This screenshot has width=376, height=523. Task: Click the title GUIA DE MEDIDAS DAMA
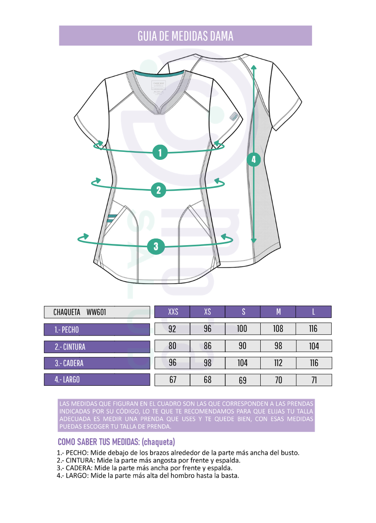(185, 36)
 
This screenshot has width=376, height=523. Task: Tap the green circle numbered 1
(160, 152)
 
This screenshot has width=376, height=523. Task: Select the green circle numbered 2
(158, 190)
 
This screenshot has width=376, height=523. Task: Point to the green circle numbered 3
(156, 246)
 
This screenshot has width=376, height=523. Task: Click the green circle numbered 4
(254, 159)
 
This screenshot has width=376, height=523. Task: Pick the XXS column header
(172, 312)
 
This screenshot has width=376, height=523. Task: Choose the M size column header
(278, 312)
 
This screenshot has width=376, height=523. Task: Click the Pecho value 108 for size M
(278, 329)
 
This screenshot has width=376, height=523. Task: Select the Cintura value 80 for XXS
(172, 346)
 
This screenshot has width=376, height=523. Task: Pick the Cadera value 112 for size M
(278, 363)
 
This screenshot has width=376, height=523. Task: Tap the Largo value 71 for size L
(314, 380)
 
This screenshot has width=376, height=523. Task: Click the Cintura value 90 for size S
(243, 346)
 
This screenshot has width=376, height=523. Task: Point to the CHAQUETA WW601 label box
(97, 312)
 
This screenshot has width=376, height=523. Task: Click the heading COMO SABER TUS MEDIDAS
(116, 442)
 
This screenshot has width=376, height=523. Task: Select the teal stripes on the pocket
(112, 218)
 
